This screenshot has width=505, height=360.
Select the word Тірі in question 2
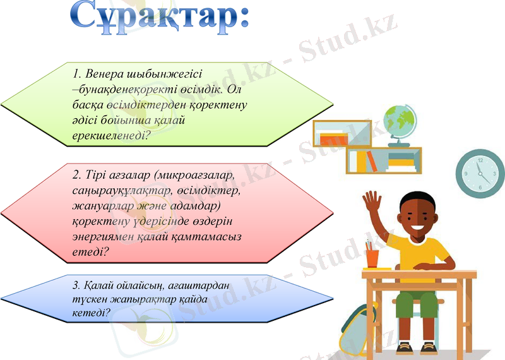coord(97,174)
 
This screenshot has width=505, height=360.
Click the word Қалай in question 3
coord(101,285)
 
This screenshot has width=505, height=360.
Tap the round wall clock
coord(480,173)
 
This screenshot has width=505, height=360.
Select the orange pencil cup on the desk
coord(373,257)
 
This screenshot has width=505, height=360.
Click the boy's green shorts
coord(417,304)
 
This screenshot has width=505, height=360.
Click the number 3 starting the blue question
coord(77,285)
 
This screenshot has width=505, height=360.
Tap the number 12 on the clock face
coord(480,160)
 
